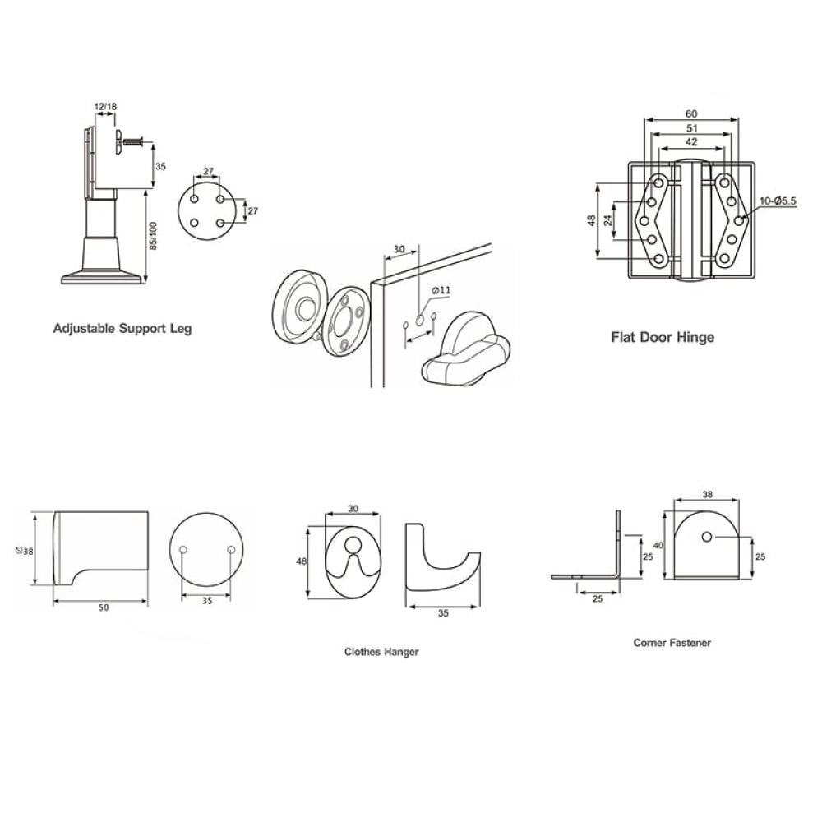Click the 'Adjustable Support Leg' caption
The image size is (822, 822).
coord(122,329)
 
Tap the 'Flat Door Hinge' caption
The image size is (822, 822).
coord(663,336)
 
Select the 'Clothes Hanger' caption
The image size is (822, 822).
coord(381,652)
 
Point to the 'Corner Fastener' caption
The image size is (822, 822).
coord(672,643)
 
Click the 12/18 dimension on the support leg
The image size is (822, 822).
coord(105,106)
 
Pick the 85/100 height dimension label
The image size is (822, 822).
coord(153,236)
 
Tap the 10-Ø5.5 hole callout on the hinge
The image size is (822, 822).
coord(778,201)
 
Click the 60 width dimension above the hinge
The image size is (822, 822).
coord(691,113)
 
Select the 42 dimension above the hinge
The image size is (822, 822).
coord(691,142)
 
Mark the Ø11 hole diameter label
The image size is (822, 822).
coord(441,290)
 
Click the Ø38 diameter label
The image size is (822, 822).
coord(25,551)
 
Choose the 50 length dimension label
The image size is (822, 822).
coord(104,607)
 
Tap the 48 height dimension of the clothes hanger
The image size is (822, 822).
coord(302,561)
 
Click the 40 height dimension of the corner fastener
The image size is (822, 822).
coord(658,546)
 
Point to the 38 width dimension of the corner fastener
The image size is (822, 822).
coord(707,494)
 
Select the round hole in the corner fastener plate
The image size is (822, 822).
coord(707,537)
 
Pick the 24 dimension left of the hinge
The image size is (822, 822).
coord(608,220)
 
